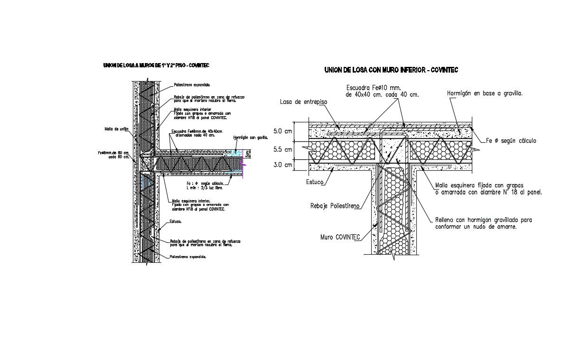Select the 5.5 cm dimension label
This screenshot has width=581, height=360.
pos(283,149)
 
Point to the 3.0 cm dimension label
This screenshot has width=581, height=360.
pos(283,165)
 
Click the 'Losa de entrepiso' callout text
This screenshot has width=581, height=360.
pos(304,102)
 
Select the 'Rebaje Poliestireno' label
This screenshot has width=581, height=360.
pos(335,206)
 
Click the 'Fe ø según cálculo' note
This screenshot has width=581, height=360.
pos(511,141)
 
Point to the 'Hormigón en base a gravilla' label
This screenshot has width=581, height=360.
pos(485,94)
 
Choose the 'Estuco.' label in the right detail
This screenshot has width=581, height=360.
pos(315,182)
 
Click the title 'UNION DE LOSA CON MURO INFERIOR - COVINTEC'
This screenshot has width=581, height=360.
pos(391,70)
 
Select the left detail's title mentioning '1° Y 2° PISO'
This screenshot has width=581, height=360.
pos(156,65)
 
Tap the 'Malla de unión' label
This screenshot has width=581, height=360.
pos(117,128)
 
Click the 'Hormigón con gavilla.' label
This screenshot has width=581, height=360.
pos(251,138)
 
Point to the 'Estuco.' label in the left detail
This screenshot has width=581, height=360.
pos(177,222)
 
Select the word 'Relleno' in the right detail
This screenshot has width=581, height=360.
pos(446,220)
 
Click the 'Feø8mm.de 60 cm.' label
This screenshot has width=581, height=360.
pos(114,153)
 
